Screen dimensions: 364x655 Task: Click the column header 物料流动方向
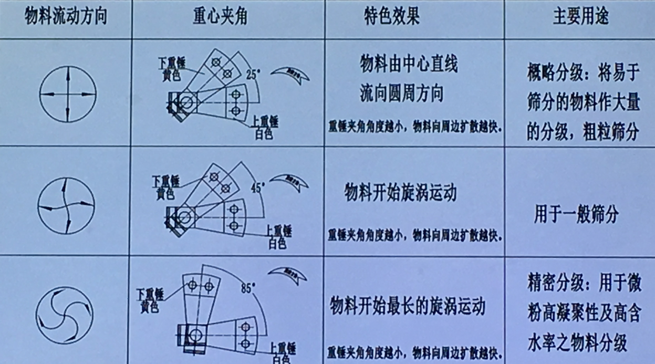pos(66,17)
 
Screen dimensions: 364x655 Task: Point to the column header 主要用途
pos(580,17)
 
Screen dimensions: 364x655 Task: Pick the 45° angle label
pos(259,187)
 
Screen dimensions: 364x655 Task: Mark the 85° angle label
pos(248,288)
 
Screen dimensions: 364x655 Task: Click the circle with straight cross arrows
pos(68,94)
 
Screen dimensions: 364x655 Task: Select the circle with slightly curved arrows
pos(66,204)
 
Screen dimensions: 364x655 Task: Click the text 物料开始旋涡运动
pos(400,193)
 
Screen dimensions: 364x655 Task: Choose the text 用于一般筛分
pos(576,215)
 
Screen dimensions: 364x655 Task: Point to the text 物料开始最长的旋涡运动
pos(407,306)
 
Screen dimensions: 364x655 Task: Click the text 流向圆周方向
pos(401,93)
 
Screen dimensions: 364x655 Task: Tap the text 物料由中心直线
pos(409,64)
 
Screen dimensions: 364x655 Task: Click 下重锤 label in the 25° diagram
pos(171,61)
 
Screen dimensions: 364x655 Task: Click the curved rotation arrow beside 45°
pos(289,181)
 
